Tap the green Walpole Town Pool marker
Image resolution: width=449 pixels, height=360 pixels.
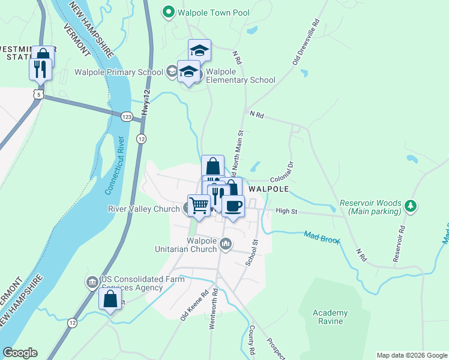click(169, 12)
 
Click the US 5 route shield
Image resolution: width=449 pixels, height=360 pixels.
click(40, 95)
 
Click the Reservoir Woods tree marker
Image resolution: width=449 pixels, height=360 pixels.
click(411, 206)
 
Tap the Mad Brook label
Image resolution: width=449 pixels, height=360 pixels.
click(322, 237)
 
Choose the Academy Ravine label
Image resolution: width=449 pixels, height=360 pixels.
click(330, 317)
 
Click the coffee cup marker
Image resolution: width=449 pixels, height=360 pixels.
click(233, 206)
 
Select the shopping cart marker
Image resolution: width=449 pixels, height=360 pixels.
click(199, 205)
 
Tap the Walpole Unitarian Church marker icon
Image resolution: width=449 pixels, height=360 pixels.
click(226, 243)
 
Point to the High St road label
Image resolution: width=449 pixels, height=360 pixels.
click(287, 211)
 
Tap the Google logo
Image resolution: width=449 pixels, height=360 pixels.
click(20, 353)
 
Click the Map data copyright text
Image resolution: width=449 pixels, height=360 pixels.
click(411, 355)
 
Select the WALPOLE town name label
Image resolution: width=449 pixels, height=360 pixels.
click(269, 188)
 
